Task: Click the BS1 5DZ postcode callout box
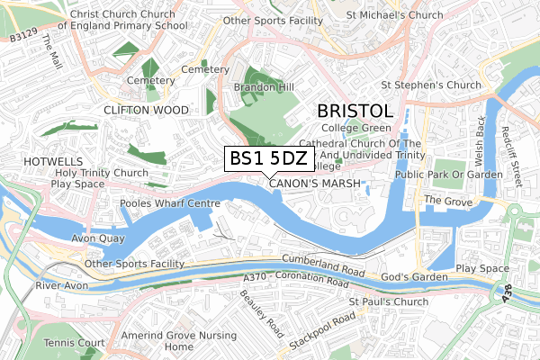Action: [269, 158]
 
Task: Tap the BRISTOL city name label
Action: [355, 112]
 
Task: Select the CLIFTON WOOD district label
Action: [146, 110]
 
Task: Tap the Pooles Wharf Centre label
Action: [170, 204]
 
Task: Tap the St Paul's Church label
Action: [389, 301]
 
